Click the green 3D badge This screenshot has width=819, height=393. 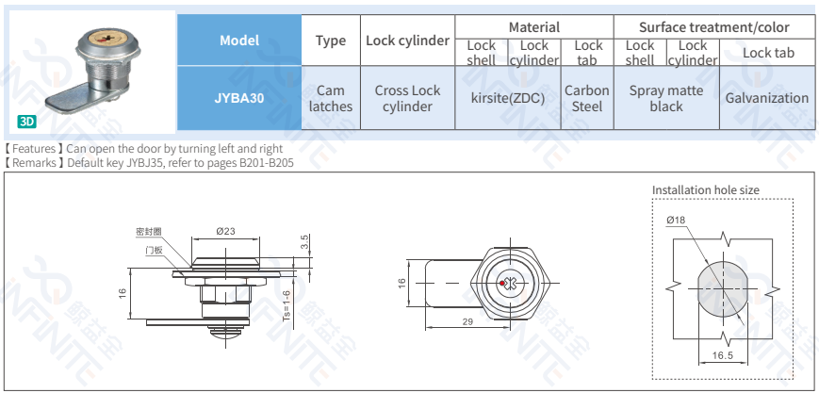27,122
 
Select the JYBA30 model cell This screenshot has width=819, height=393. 239,98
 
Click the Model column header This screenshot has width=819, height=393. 239,41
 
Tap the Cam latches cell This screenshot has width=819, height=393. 331,98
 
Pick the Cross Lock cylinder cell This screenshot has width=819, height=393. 407,98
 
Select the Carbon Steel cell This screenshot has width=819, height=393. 587,98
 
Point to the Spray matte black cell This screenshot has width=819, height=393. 666,98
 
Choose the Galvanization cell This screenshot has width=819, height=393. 766,98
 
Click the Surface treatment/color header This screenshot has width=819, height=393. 713,27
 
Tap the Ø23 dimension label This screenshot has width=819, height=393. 224,231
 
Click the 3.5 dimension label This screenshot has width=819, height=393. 303,243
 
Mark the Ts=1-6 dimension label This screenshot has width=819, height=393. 287,306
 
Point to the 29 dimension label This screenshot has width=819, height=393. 467,322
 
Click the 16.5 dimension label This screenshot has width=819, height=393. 723,355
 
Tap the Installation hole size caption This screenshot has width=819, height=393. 705,189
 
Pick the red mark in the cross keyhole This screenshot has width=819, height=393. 507,283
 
